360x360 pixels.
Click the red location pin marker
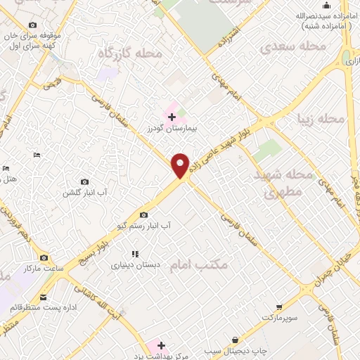pyautogui.click(x=181, y=165)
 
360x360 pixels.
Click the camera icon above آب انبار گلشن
pyautogui.click(x=85, y=181)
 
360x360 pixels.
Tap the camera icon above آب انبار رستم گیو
pyautogui.click(x=144, y=215)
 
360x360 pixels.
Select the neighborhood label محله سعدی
pyautogui.click(x=285, y=47)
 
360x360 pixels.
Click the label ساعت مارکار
pyautogui.click(x=44, y=269)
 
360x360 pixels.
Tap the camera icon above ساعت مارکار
pyautogui.click(x=44, y=258)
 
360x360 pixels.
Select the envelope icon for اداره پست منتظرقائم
pyautogui.click(x=44, y=297)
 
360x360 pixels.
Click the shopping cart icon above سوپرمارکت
pyautogui.click(x=279, y=307)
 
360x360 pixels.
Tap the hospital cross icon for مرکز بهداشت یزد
pyautogui.click(x=161, y=345)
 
